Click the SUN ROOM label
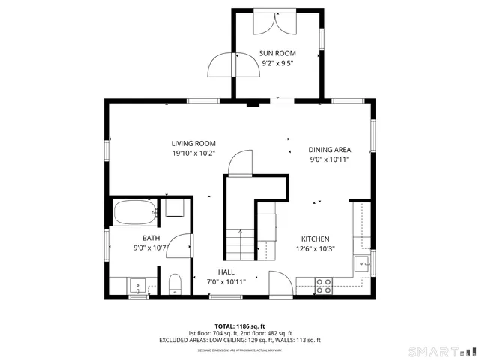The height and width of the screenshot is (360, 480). click(277, 53)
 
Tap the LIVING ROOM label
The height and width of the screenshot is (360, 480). click(193, 143)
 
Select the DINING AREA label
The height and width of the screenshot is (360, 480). click(329, 149)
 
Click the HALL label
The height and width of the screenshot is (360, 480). click(226, 271)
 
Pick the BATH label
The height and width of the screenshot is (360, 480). click(141, 238)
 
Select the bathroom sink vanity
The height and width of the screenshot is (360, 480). click(136, 285)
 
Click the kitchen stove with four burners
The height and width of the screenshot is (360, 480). click(324, 285)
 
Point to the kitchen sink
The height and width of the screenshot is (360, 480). click(361, 263)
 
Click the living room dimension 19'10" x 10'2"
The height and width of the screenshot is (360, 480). click(193, 153)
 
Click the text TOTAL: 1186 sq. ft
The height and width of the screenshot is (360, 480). click(240, 326)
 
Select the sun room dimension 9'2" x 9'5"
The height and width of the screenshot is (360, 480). click(277, 63)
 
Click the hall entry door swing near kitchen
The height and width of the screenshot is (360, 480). click(279, 283)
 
